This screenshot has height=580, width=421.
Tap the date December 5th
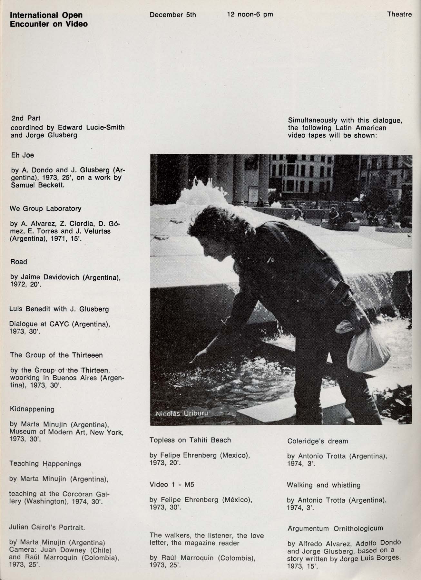[x=173, y=15]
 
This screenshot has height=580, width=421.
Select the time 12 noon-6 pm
[x=250, y=15]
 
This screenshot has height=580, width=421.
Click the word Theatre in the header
[x=399, y=14]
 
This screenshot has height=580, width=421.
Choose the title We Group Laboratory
[x=45, y=208]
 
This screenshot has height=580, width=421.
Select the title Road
[x=19, y=262]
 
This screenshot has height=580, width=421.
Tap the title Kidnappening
[x=32, y=409]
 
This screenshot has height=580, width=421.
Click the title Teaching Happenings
[x=45, y=464]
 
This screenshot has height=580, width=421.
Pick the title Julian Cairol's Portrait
[x=47, y=527]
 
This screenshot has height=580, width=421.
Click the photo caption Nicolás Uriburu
[x=181, y=414]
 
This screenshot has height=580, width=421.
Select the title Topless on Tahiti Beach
[x=190, y=440]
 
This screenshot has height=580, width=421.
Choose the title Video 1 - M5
[x=172, y=485]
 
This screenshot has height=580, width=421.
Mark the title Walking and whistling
[x=324, y=485]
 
